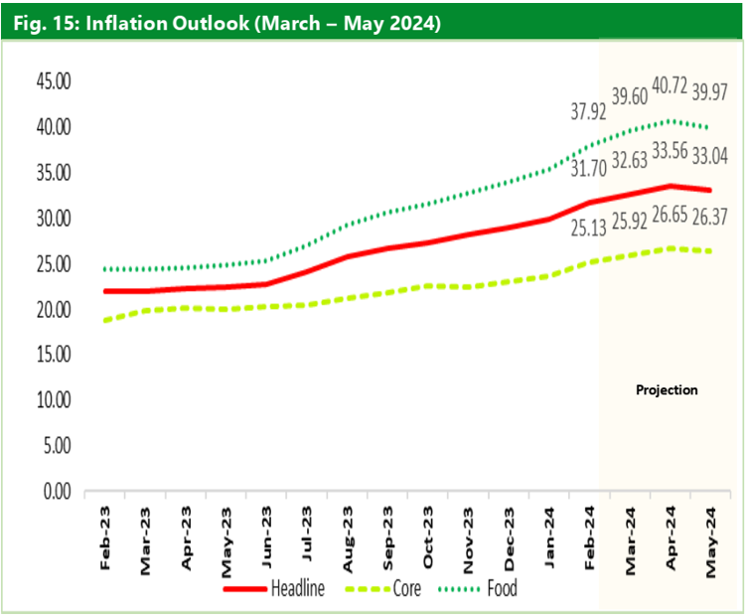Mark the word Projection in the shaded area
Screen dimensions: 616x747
(667, 389)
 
